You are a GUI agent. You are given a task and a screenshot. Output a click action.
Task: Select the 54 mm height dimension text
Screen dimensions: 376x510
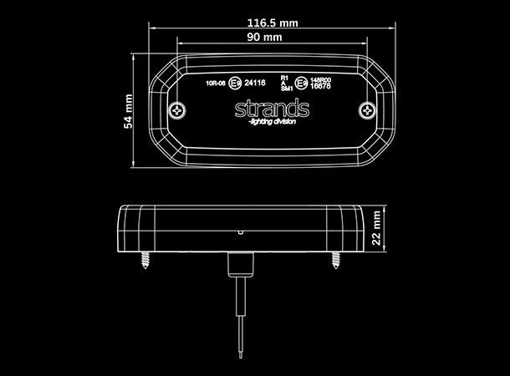(x=128, y=110)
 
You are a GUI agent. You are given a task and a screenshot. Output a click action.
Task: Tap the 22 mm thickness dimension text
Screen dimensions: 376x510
(x=378, y=226)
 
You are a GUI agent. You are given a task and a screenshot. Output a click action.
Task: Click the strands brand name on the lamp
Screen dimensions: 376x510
(x=273, y=109)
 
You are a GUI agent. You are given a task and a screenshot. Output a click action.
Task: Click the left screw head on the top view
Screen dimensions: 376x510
(x=178, y=110)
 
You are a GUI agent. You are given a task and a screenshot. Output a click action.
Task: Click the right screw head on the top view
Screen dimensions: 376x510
(x=365, y=109)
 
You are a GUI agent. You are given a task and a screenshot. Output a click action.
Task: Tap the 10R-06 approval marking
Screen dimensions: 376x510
(x=215, y=83)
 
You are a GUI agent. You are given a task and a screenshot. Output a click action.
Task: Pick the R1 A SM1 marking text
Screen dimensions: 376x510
(x=285, y=82)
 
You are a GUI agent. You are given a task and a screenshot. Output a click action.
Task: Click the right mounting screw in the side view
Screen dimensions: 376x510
(x=336, y=260)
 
